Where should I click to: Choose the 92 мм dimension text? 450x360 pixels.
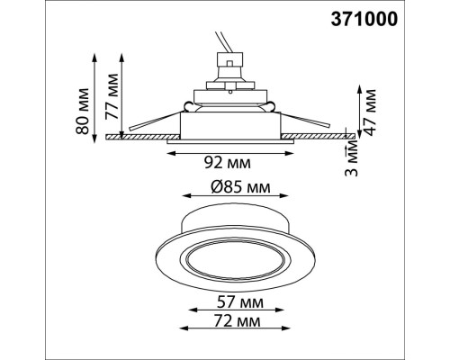pyautogui.click(x=228, y=165)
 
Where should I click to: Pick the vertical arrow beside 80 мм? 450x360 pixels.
pyautogui.click(x=94, y=94)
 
